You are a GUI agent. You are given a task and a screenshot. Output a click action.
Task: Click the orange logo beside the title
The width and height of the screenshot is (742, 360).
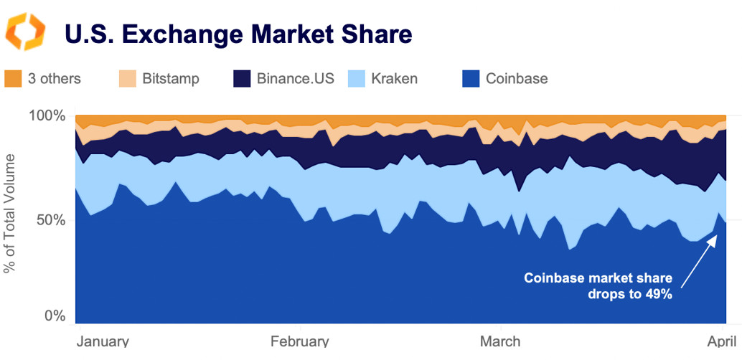pyautogui.click(x=25, y=32)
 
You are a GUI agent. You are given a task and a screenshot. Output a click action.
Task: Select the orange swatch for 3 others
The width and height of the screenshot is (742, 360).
pyautogui.click(x=13, y=78)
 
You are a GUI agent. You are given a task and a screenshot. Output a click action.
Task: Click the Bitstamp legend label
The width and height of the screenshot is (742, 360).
pyautogui.click(x=171, y=78)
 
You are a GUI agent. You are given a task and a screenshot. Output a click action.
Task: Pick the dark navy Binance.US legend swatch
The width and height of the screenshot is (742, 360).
pyautogui.click(x=243, y=78)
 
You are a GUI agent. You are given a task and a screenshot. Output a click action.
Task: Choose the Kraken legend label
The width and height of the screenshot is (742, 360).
pyautogui.click(x=394, y=78)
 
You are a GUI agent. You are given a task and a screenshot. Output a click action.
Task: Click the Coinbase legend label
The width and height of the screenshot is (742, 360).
pyautogui.click(x=517, y=78)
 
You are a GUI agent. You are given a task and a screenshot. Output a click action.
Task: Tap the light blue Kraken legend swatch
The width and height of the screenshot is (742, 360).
pyautogui.click(x=357, y=78)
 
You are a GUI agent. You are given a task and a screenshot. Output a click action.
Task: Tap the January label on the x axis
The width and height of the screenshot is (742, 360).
pyautogui.click(x=102, y=341)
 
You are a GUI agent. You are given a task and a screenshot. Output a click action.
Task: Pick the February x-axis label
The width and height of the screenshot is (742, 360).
pyautogui.click(x=299, y=341)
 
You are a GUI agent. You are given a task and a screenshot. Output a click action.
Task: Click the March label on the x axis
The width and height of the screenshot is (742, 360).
pyautogui.click(x=499, y=341)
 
